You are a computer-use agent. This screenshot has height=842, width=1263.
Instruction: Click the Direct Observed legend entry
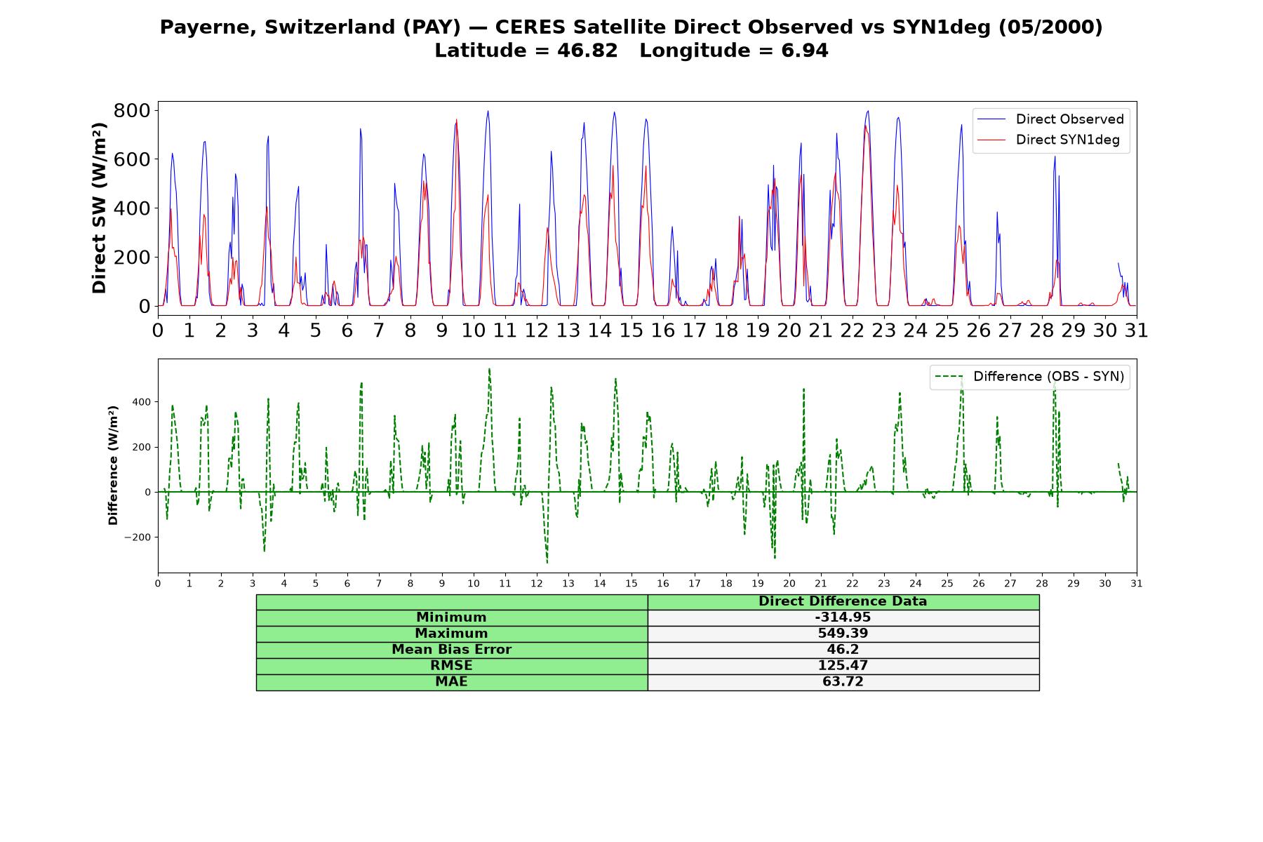tap(1050, 119)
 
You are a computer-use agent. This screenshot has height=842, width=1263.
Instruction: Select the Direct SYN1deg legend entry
tap(1048, 140)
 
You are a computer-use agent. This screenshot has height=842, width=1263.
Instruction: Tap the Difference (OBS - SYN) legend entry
tap(1029, 377)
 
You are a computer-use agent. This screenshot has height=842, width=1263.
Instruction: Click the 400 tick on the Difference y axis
tap(141, 402)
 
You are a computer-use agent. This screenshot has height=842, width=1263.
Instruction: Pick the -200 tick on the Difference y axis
tap(138, 537)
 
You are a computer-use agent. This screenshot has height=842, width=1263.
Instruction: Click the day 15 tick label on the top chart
tap(631, 330)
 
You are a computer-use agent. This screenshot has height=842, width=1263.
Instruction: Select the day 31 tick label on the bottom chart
tap(1137, 583)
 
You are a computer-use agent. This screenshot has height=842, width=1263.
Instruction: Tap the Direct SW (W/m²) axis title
tap(99, 208)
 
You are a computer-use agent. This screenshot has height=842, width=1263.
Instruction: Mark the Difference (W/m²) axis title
tap(113, 465)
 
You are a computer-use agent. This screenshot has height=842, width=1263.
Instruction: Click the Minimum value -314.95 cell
tap(843, 617)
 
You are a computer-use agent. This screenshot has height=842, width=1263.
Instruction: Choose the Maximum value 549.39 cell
tap(843, 634)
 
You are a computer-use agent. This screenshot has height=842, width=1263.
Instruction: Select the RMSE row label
tap(451, 666)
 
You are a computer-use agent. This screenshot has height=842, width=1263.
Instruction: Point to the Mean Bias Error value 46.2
tap(843, 650)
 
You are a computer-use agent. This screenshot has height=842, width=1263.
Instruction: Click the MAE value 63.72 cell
tap(843, 682)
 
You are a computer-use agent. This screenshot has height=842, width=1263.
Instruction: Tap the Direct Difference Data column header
tap(843, 601)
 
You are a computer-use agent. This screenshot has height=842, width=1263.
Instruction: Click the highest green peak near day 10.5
tap(489, 368)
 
